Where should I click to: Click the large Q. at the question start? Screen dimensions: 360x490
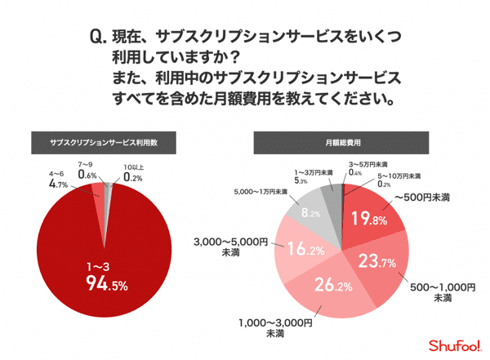[98, 38]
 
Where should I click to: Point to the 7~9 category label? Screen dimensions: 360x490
[87, 165]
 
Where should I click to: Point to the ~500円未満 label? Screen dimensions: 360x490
[423, 198]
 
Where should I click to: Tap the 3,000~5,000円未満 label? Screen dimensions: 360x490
[230, 247]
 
